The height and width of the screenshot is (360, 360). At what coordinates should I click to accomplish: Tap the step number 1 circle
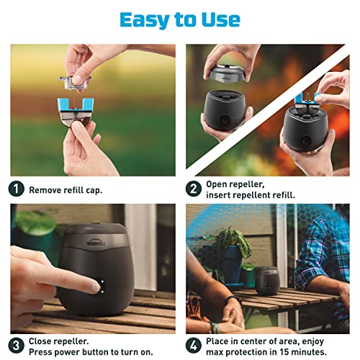click(17, 190)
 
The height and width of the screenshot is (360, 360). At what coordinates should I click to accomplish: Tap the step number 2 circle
click(193, 190)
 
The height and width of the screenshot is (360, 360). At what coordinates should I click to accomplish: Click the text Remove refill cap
click(66, 191)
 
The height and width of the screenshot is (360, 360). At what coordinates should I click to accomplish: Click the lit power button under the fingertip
click(99, 285)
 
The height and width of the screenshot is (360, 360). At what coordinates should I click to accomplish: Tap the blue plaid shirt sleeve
click(324, 252)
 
